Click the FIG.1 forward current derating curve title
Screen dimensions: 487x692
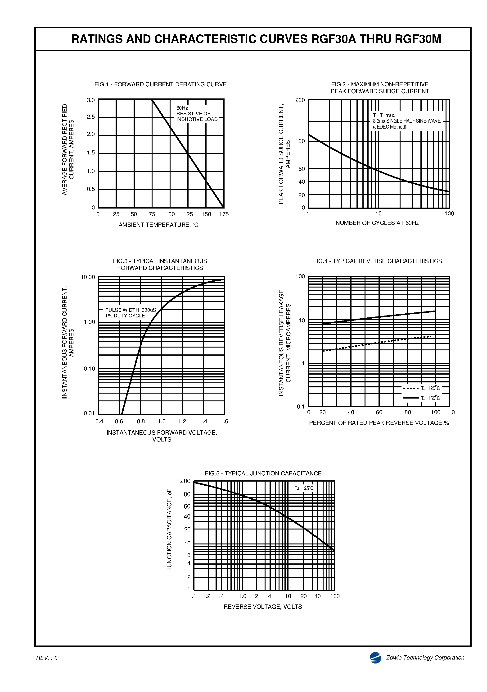[160, 84]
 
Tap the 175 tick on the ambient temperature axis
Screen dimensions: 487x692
[224, 214]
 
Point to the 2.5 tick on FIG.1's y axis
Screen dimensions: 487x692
[91, 117]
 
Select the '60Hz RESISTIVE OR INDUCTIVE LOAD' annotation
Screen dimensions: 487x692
[197, 114]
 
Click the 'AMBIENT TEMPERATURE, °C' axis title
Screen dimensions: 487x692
[158, 225]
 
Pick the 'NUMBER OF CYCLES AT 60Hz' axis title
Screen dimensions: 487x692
[377, 223]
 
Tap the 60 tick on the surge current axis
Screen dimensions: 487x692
[302, 169]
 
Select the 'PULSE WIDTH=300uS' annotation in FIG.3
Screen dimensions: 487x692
[131, 310]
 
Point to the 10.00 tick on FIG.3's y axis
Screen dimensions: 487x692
[88, 277]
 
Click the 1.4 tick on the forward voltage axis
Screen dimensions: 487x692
[203, 421]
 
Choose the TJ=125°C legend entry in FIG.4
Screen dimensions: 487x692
[421, 388]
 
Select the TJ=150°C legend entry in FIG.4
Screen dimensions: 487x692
[421, 398]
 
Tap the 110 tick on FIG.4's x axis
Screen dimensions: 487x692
[450, 412]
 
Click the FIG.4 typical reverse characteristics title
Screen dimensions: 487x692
[377, 261]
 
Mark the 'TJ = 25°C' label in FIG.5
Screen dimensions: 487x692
[304, 488]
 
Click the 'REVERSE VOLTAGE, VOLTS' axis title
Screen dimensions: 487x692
[262, 607]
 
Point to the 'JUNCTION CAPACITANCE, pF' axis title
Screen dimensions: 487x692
[169, 529]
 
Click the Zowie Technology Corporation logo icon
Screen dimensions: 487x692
[375, 658]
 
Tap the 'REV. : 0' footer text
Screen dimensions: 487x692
[47, 658]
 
